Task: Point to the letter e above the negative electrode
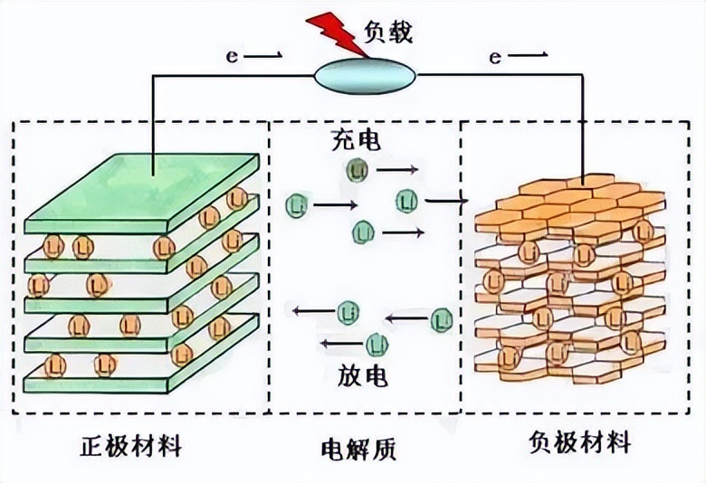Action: coord(494,57)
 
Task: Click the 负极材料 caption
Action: coord(579,444)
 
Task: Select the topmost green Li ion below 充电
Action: coord(355,168)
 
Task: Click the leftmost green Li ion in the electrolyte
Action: coord(295,205)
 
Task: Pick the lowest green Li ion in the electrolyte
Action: coord(376,344)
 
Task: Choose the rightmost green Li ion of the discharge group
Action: coord(441,317)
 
